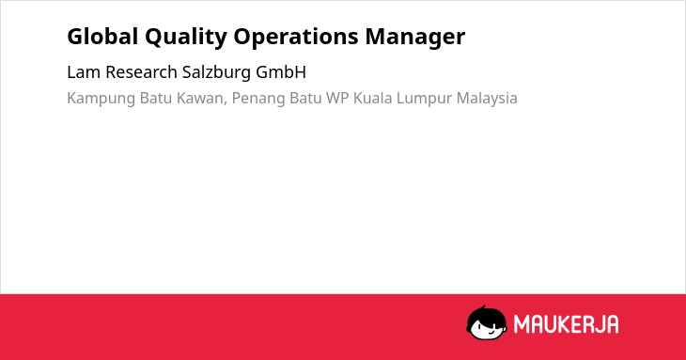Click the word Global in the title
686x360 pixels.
click(102, 37)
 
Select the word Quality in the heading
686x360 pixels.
click(186, 38)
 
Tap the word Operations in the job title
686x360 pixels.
click(296, 38)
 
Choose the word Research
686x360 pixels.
click(141, 72)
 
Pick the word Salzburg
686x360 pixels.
click(216, 73)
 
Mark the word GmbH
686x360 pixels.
click(281, 72)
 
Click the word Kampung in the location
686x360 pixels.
click(101, 99)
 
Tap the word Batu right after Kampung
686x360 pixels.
click(156, 98)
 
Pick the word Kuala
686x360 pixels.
click(373, 98)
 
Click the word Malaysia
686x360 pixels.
click(487, 100)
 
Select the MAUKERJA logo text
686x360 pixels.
click(566, 324)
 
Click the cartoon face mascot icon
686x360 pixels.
click(487, 322)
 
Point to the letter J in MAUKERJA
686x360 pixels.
click(597, 324)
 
